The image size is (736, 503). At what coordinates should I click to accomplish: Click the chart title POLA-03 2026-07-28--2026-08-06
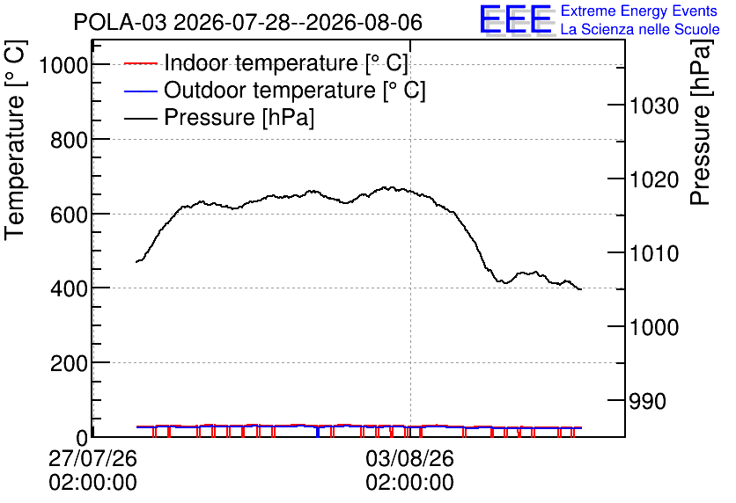tap(248, 22)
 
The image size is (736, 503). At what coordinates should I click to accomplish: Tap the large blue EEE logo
tap(516, 19)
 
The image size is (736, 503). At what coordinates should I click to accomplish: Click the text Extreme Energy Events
tap(639, 11)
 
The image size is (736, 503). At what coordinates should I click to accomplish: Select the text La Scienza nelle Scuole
tap(640, 30)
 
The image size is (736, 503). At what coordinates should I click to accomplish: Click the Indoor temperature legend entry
tap(266, 62)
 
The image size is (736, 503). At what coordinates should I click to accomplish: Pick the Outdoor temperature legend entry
tap(275, 90)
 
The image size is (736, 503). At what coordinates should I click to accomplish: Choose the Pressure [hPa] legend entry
tap(219, 117)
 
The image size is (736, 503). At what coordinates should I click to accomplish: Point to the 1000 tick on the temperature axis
tap(63, 65)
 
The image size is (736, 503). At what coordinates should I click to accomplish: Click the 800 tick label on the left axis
tap(69, 140)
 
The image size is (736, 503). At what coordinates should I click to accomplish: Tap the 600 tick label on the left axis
tap(69, 215)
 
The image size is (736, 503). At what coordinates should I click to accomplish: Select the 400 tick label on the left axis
tap(69, 288)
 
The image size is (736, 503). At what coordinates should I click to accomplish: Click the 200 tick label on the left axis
tap(69, 363)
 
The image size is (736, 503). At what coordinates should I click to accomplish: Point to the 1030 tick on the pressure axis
tap(653, 106)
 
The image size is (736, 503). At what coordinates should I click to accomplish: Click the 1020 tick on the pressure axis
tap(653, 180)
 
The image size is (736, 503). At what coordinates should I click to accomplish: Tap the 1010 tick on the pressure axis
tap(653, 253)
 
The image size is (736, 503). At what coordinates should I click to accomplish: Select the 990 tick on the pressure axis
tap(647, 401)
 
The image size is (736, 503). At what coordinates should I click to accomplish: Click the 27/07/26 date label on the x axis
tap(93, 458)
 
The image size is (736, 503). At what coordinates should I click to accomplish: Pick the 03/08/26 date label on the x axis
tap(409, 458)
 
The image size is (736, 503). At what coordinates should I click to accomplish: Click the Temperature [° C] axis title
tap(15, 140)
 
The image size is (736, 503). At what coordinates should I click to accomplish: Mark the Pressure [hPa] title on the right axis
tap(701, 122)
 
